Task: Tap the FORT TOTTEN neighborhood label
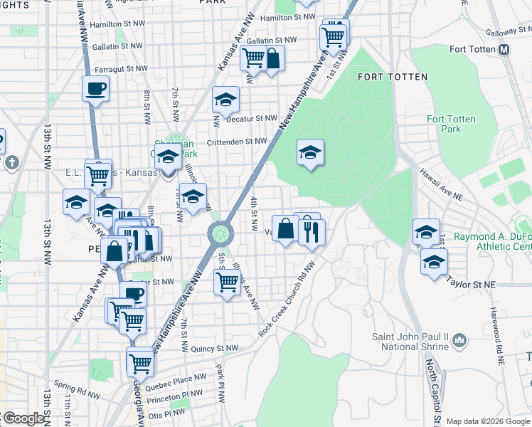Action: pos(393,77)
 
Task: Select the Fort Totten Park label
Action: pos(450,124)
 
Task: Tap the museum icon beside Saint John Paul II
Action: pos(459,341)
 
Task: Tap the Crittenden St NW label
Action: pos(236,142)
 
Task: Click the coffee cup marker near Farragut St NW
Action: pos(95,90)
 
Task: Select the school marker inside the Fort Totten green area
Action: pos(310,152)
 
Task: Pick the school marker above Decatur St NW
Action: pos(225,100)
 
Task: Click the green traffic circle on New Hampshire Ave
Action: pos(220,232)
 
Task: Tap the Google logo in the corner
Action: pos(23,418)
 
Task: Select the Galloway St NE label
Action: pos(508,33)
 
